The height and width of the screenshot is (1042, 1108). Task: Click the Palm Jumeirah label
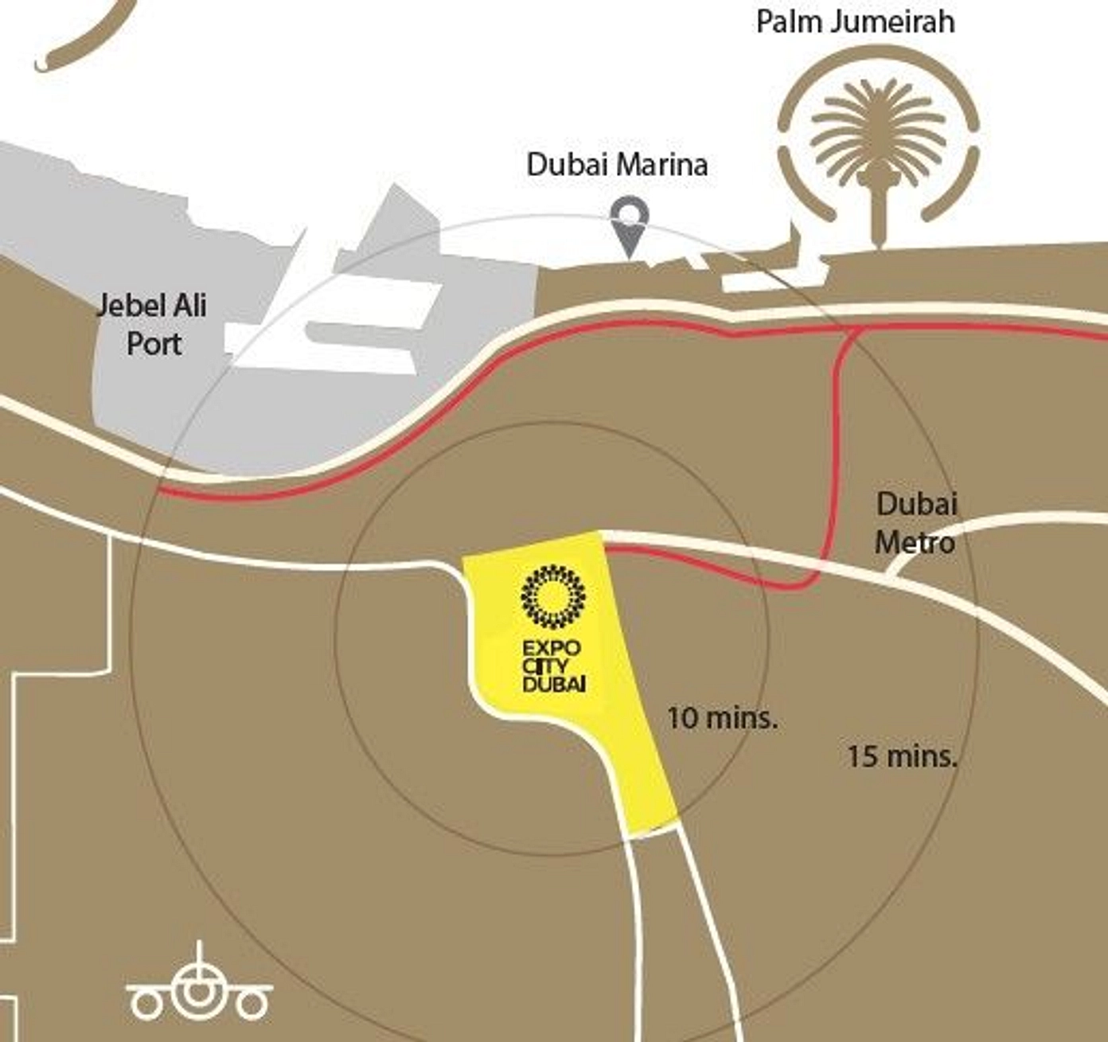[x=855, y=21]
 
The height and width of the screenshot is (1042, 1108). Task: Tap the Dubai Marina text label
[x=617, y=165]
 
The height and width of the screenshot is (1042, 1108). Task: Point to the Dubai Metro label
[x=916, y=523]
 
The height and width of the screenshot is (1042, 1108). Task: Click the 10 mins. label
[x=721, y=718]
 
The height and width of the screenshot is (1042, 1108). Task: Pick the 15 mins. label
[x=901, y=756]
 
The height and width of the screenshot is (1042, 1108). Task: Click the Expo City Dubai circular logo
[x=552, y=595]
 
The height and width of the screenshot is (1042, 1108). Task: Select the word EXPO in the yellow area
[x=552, y=648]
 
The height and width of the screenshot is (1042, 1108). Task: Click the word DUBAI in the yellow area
[x=555, y=684]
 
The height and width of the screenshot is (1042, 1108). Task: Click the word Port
[x=155, y=344]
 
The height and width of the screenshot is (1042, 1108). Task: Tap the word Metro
[x=915, y=543]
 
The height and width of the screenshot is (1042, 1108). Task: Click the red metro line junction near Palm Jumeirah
[x=855, y=330]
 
